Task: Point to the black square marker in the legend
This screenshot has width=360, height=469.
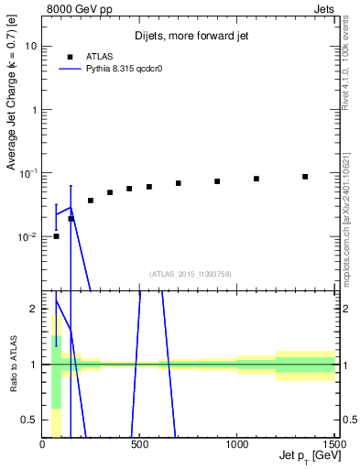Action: [70, 56]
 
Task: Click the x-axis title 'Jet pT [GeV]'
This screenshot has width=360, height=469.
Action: [304, 455]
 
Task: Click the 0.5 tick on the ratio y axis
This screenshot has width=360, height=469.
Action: [29, 420]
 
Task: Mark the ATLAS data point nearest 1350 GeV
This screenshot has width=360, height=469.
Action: [305, 177]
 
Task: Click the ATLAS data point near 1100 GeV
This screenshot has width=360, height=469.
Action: [256, 179]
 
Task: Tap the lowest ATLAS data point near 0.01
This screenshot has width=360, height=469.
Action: [56, 236]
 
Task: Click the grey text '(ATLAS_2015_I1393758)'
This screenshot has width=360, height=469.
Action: [189, 273]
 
